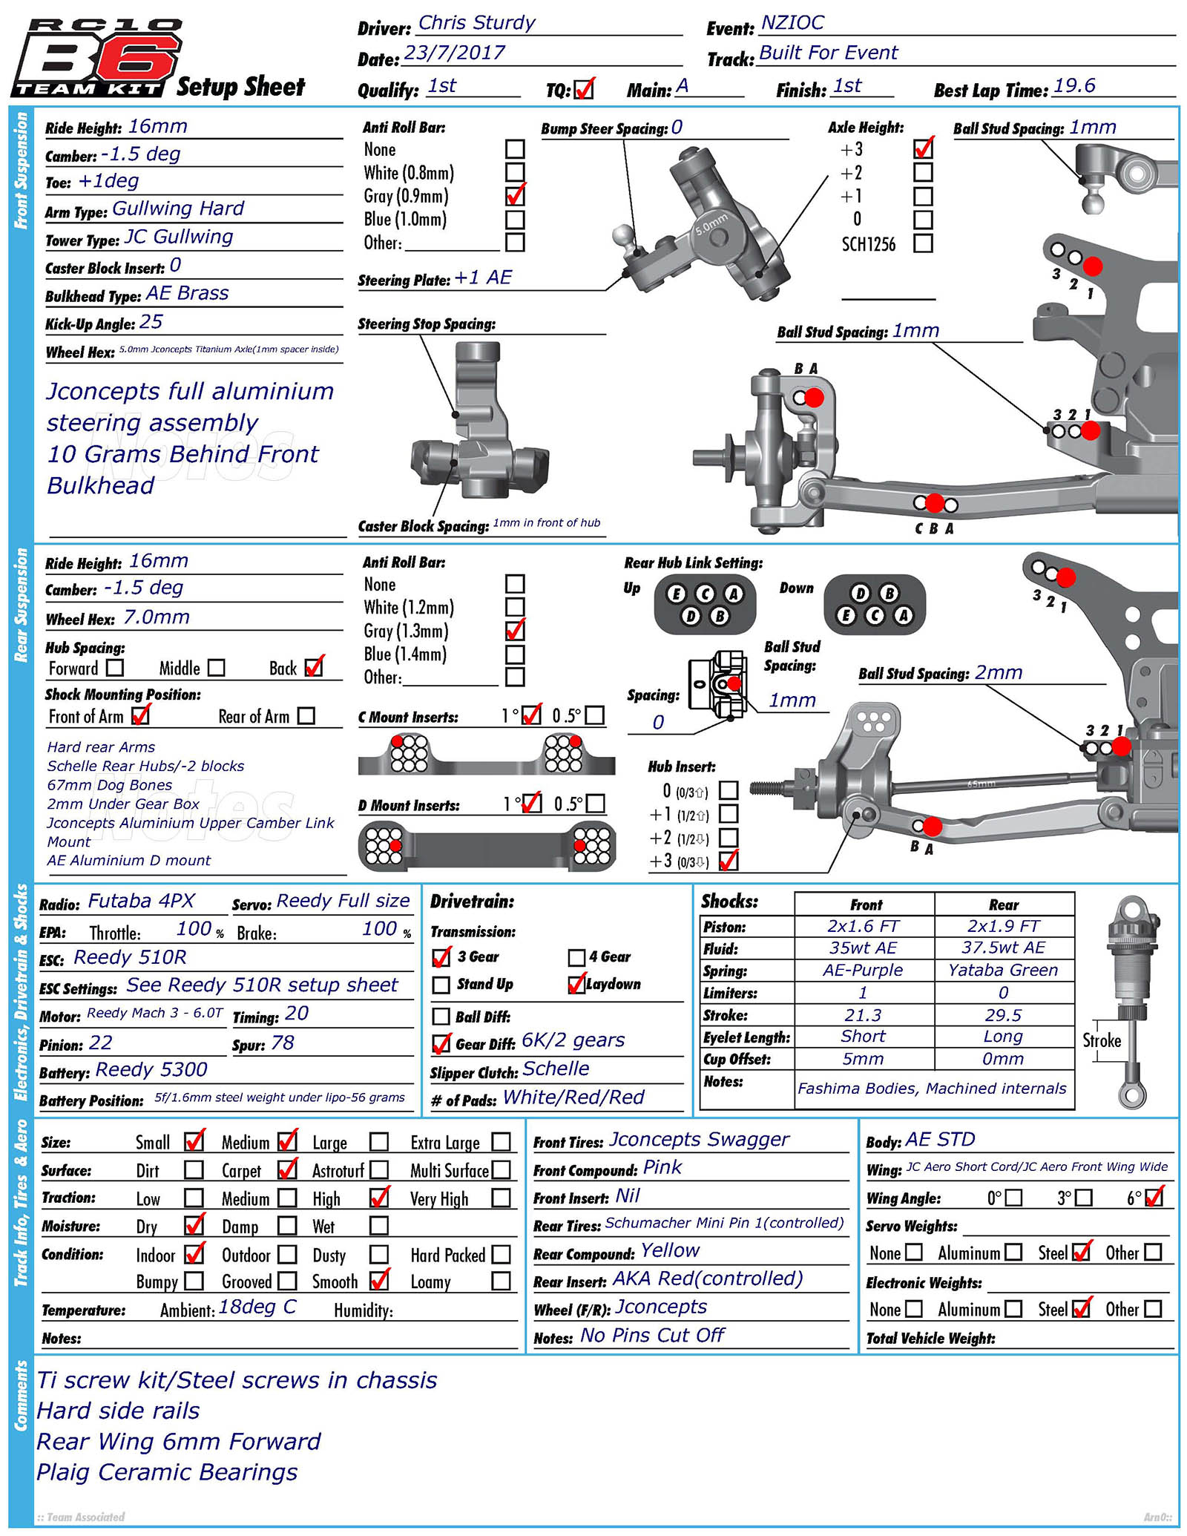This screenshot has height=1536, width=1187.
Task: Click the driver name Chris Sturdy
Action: coord(476,23)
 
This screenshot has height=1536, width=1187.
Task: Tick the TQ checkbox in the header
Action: coord(584,89)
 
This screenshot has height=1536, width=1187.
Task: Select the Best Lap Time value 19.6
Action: coord(1073,86)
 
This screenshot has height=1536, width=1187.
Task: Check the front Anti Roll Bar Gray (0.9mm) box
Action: coord(515,196)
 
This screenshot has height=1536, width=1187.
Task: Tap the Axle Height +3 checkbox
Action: coord(923,148)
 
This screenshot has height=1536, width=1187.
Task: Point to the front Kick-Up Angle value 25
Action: coord(151,322)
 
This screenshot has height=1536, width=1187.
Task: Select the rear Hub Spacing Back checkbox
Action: coord(315,667)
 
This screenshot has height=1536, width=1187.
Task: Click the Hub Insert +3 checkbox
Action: coord(729,860)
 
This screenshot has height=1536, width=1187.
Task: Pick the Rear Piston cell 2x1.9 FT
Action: coord(1003,926)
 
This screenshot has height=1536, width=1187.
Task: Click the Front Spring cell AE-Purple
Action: coord(863,970)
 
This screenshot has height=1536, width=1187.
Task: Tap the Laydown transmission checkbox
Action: coord(576,985)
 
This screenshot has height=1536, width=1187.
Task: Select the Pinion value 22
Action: coord(100,1043)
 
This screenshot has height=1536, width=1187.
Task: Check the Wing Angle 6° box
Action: coord(1154,1198)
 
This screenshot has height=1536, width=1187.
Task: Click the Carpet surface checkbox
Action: coord(287,1170)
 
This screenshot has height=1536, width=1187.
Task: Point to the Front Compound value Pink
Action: coord(662,1167)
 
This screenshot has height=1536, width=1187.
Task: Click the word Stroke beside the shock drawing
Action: coord(1101,1040)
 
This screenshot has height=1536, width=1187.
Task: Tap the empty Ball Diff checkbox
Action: coord(441,1017)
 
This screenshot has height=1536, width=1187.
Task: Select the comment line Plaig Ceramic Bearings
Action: coord(167,1472)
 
